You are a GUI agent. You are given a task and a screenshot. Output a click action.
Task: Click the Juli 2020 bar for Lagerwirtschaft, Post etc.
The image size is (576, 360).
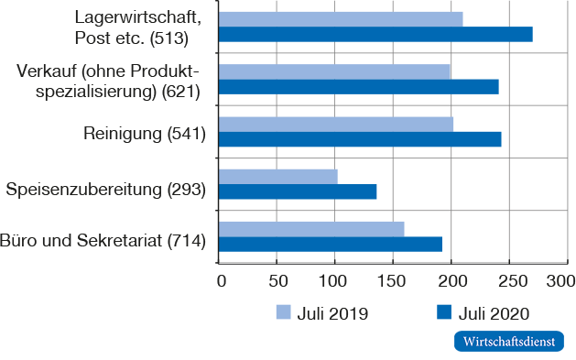click(x=375, y=34)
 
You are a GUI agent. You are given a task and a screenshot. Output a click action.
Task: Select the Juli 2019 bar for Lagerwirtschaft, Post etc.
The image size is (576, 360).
click(x=341, y=18)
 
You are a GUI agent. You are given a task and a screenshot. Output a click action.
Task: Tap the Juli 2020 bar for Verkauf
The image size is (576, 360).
click(x=359, y=86)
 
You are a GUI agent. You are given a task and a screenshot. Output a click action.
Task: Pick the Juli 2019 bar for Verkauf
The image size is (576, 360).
click(x=334, y=71)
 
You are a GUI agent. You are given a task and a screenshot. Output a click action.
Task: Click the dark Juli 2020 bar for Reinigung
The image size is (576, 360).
click(x=360, y=138)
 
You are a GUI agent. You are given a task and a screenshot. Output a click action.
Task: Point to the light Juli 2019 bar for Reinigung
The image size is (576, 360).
click(x=336, y=123)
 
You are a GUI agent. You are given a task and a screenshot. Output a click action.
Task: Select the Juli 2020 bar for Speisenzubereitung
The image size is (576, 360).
click(x=298, y=191)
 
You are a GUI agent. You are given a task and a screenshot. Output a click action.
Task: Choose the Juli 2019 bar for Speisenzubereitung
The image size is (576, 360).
click(x=278, y=176)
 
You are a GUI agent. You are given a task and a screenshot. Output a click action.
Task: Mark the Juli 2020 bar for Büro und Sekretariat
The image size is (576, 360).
click(x=331, y=244)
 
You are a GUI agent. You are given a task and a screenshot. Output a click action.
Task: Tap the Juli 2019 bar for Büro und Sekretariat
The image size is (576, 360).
click(x=311, y=228)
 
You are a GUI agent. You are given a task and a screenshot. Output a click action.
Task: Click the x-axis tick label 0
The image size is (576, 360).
click(x=220, y=279)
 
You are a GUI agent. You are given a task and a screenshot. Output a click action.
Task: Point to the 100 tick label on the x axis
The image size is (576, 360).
click(x=334, y=279)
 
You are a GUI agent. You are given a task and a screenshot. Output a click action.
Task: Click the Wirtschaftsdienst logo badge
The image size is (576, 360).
click(x=509, y=341)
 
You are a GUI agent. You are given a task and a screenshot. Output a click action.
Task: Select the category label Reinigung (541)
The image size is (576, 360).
click(x=145, y=135)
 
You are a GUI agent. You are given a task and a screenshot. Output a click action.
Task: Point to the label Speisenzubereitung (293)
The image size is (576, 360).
click(x=105, y=190)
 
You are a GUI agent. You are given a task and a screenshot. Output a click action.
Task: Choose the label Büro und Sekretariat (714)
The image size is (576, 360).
click(x=103, y=242)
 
